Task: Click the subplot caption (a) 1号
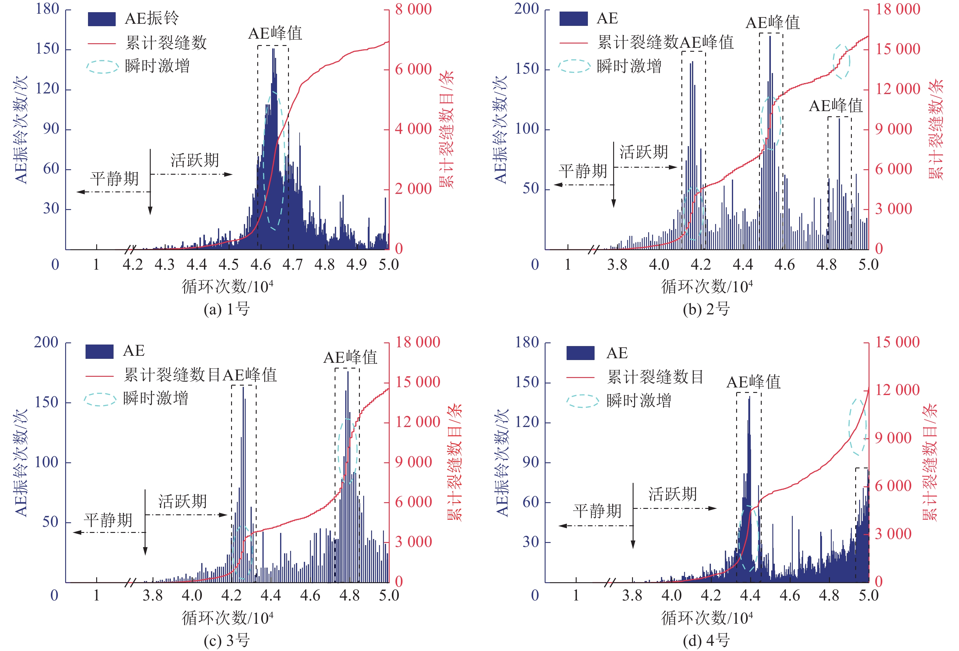pos(227,309)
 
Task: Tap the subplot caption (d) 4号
pos(706,641)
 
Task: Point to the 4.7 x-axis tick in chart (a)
pos(293,264)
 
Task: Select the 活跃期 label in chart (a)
pos(194,160)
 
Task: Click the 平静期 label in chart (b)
pos(583,170)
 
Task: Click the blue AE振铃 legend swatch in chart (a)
pos(101,19)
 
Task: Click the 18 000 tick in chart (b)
pos(898,9)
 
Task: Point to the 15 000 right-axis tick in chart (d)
pos(897,342)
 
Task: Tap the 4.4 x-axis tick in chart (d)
pos(750,595)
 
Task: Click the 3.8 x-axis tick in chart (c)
pos(153,595)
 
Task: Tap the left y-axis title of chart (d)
pos(502,462)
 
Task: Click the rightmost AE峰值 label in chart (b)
pos(836,106)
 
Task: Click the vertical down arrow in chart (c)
pos(145,522)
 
